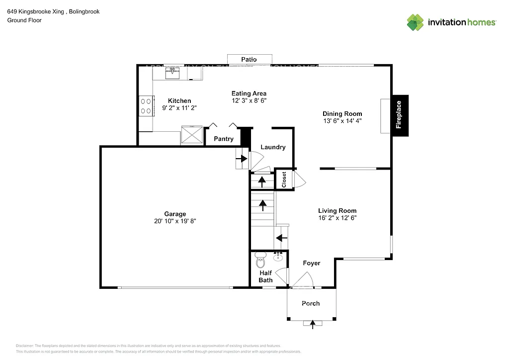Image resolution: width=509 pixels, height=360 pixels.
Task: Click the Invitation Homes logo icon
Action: [x=416, y=22]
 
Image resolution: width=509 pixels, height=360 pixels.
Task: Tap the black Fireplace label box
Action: [x=399, y=115]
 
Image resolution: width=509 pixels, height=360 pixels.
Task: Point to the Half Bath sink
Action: [x=278, y=258]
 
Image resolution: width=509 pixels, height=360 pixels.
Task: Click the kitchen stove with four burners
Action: [x=146, y=106]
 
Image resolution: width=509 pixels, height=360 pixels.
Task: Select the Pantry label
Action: [x=224, y=139]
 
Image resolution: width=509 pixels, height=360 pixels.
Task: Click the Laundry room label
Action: [x=273, y=147]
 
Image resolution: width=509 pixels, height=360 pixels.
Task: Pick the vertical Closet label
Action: [x=284, y=179]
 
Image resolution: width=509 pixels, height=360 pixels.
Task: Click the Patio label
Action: [x=249, y=59]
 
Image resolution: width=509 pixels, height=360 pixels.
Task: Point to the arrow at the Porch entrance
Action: [x=313, y=324]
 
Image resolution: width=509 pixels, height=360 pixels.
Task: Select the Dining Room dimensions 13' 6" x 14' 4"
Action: [x=342, y=120]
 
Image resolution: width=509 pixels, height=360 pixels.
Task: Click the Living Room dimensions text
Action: [x=338, y=217]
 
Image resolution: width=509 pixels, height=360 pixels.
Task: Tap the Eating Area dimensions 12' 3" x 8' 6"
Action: [x=249, y=100]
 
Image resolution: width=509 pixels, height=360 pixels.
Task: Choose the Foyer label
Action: [x=312, y=263]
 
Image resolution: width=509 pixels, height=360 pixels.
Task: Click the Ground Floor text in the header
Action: [x=24, y=20]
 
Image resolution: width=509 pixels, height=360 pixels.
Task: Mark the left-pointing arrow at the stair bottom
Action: [x=281, y=238]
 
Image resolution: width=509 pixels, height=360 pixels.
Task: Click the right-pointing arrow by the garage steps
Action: [x=242, y=159]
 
